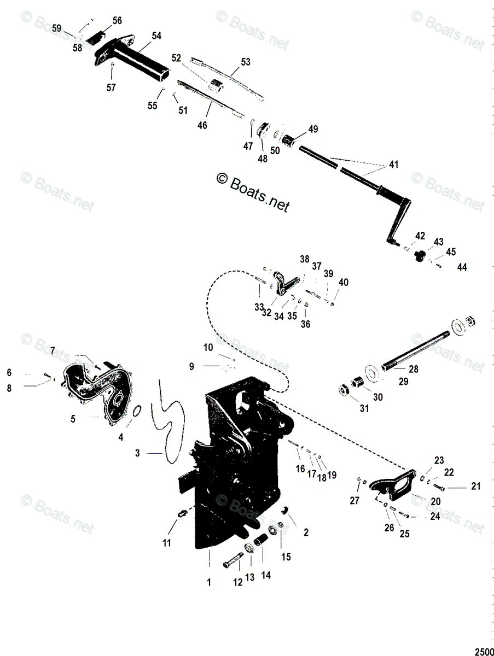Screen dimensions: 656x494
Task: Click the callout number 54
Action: [x=156, y=36]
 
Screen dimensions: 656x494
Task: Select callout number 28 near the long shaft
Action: [x=414, y=369]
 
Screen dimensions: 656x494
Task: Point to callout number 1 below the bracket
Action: [x=208, y=583]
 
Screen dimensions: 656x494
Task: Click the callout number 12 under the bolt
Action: [x=237, y=583]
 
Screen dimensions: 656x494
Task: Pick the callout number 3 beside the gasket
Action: [x=138, y=453]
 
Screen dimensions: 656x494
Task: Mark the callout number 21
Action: [x=475, y=486]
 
